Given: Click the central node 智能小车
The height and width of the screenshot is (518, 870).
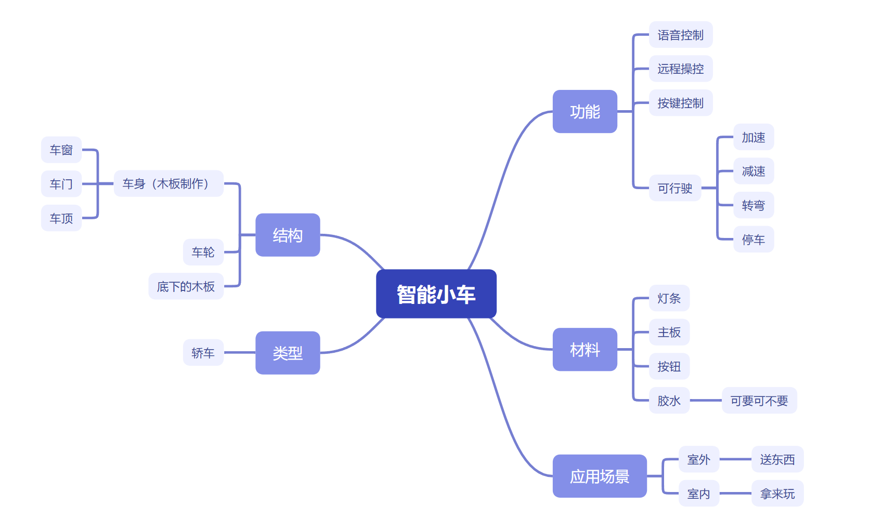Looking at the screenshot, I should [x=436, y=294].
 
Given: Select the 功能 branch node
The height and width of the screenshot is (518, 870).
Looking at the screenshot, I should [x=585, y=112].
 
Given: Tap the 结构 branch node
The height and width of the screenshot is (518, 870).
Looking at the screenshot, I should [x=288, y=235].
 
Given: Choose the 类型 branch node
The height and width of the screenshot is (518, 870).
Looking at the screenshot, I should [x=288, y=353].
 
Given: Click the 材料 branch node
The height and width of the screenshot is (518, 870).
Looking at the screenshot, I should [x=585, y=350].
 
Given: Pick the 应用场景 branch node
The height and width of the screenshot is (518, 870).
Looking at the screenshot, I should [x=599, y=476].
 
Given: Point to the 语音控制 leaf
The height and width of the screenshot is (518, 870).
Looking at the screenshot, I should [x=680, y=35].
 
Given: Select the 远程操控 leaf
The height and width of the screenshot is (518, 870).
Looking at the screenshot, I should [x=680, y=69].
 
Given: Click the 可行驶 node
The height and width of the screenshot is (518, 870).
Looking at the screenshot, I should [x=674, y=188].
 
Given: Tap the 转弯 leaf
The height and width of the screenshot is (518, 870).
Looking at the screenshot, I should [x=753, y=205].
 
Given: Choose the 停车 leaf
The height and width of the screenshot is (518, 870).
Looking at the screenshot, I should [x=753, y=240].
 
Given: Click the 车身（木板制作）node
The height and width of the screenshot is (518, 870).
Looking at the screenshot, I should [x=168, y=183].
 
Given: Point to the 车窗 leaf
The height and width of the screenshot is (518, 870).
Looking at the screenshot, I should [x=61, y=150].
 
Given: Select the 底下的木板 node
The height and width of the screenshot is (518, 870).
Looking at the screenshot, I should [x=186, y=286].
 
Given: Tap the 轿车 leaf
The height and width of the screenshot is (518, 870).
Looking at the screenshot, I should [x=203, y=353].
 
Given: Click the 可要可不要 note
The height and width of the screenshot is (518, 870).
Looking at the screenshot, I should [x=759, y=401].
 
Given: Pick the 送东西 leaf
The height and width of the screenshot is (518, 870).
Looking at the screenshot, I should [x=777, y=459].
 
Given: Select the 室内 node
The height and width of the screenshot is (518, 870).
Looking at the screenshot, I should [x=698, y=494].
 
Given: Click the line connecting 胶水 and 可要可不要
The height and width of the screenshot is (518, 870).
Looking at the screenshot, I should [x=706, y=401].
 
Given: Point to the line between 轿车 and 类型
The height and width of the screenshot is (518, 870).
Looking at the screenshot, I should [x=239, y=353].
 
